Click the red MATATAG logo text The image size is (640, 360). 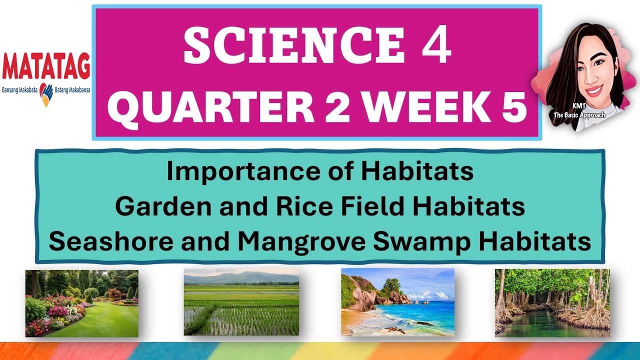point(46,66)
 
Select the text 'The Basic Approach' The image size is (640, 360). point(579,115)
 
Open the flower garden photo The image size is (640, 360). point(82,303)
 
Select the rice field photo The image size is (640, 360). point(241,302)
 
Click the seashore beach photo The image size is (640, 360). point(397,302)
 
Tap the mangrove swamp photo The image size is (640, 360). point(552,302)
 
